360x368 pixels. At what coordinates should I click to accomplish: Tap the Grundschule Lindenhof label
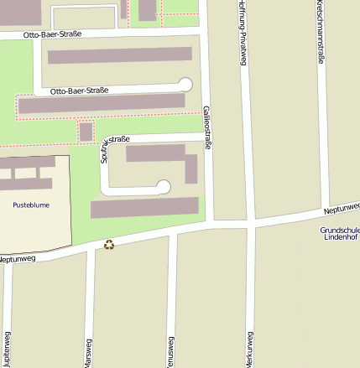pos(339,234)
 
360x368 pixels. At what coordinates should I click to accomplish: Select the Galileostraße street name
pos(207,127)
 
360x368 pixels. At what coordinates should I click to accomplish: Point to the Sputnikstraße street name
pos(105,144)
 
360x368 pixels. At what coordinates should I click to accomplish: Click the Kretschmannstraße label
pos(321,32)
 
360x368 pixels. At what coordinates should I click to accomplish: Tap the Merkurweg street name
pos(250,349)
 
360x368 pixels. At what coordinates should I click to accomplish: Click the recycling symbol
pos(109,245)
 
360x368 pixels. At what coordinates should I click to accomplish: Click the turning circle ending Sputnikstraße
pos(164,186)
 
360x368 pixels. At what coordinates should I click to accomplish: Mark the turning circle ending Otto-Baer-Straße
pos(185,83)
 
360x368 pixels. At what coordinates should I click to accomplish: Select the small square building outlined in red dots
pos(86,132)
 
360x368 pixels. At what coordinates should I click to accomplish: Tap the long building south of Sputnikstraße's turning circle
pos(144,207)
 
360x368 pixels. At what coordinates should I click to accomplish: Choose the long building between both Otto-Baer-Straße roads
pos(120,55)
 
